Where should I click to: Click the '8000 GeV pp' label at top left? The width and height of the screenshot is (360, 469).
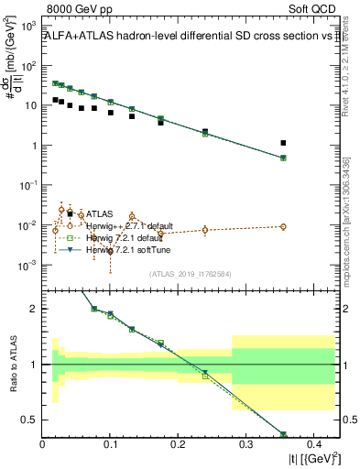[72, 8]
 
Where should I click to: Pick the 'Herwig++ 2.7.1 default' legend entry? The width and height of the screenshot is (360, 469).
[129, 226]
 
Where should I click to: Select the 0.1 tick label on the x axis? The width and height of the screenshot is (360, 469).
[110, 445]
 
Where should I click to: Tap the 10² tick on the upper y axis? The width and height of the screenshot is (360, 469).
[30, 65]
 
